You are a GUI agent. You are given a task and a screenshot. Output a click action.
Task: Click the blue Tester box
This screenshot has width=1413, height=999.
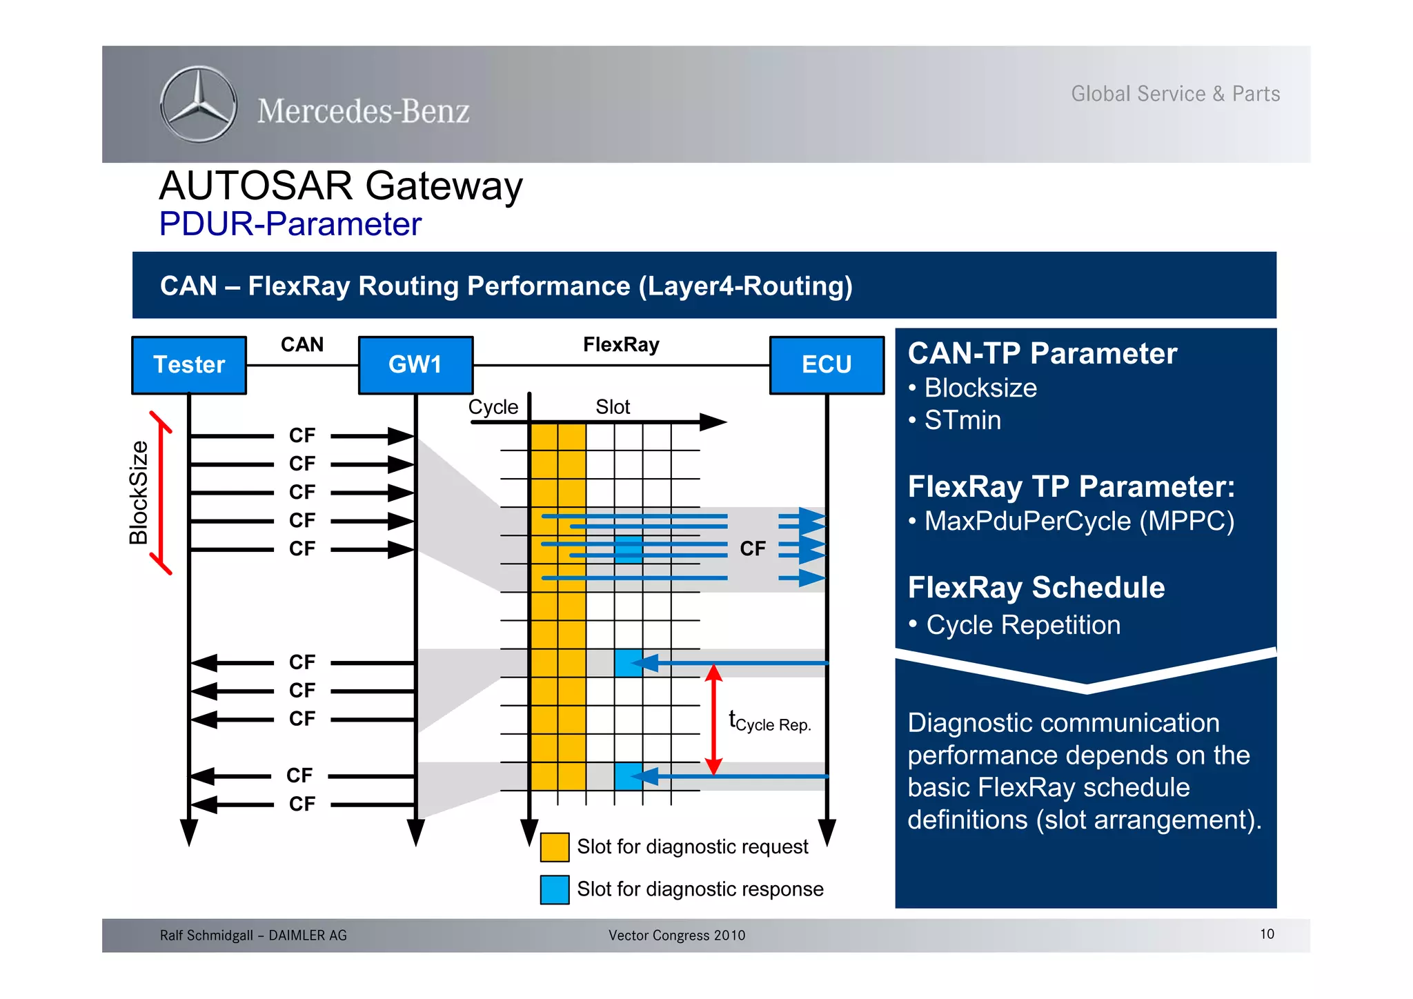(x=189, y=365)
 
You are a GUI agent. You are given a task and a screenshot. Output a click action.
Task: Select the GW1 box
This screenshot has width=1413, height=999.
(x=415, y=365)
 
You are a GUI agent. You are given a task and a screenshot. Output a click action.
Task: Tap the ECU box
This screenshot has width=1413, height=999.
(x=827, y=365)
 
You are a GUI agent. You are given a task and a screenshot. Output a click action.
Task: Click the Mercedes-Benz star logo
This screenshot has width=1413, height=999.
(x=199, y=105)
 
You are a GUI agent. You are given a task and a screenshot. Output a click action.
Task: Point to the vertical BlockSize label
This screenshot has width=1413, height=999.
(x=139, y=493)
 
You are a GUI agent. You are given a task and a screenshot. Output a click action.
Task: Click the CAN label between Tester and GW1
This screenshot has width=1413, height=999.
(x=302, y=344)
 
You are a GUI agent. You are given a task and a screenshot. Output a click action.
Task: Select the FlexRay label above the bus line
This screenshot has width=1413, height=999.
(x=621, y=344)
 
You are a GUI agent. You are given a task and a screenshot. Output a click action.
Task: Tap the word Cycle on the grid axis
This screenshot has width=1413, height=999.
(x=493, y=407)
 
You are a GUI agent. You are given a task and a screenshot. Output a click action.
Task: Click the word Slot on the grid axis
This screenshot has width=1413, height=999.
(x=613, y=407)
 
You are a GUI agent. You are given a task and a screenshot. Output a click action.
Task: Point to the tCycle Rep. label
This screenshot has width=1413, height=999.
(x=770, y=722)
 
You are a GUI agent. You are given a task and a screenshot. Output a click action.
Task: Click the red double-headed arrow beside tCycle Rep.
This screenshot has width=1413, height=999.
(x=714, y=720)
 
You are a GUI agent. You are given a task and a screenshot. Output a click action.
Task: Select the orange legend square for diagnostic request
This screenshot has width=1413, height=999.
(x=555, y=847)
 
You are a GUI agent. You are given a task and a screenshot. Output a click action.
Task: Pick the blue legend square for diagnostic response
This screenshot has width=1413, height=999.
(x=555, y=889)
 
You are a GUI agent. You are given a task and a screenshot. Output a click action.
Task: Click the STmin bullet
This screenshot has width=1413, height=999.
(x=962, y=420)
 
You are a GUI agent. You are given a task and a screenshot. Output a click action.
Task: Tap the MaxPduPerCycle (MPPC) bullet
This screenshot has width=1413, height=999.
(x=1078, y=521)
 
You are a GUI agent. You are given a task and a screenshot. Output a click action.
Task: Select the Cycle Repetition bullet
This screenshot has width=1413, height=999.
(x=1022, y=625)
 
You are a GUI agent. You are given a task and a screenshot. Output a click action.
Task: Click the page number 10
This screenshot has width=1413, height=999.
(x=1267, y=934)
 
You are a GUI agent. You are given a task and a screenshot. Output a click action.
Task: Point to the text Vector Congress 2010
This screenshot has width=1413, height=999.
(x=677, y=936)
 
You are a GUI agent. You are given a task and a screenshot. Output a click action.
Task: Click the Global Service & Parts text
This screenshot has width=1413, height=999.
(x=1175, y=94)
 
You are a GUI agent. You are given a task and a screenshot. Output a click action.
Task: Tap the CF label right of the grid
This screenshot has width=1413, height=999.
(x=753, y=548)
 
